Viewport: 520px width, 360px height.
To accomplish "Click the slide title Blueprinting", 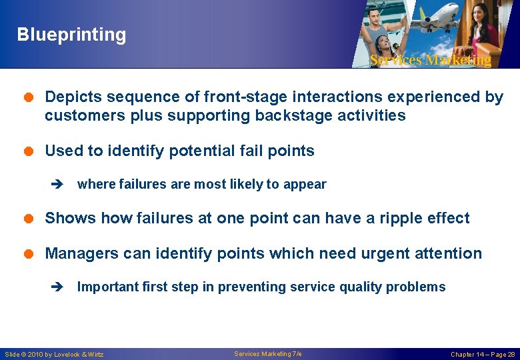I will click(71, 35).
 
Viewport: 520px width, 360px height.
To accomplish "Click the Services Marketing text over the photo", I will click(430, 60).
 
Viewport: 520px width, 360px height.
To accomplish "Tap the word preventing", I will click(253, 287).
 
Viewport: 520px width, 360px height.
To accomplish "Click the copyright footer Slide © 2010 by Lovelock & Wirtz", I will click(54, 354).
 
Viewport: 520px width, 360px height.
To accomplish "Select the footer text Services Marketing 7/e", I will click(268, 353).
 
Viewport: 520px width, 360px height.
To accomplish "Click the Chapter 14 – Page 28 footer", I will click(483, 354).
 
